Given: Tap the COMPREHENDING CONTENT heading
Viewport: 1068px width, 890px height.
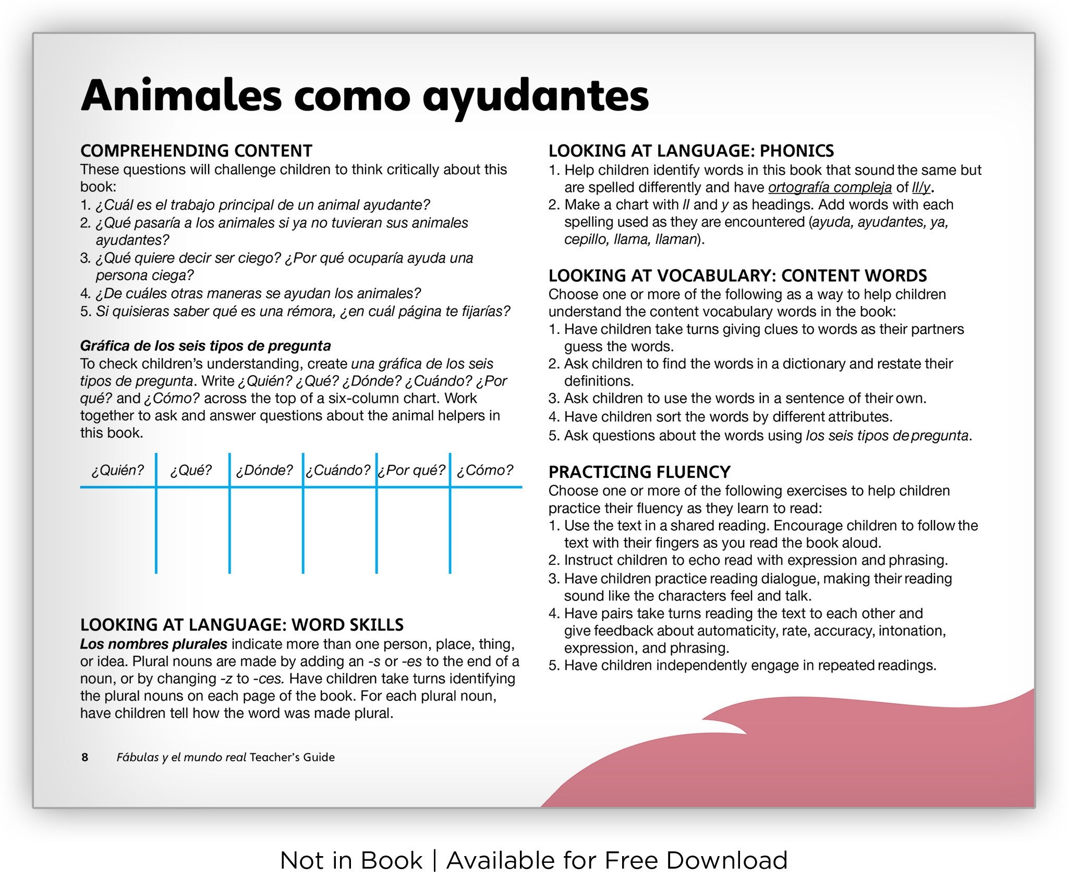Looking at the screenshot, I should point(196,151).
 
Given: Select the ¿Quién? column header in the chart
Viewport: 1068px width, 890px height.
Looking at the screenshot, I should point(117,471).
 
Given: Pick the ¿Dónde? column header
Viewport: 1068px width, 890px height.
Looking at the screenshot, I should point(264,471).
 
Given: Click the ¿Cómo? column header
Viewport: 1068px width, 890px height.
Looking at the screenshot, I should point(485,471).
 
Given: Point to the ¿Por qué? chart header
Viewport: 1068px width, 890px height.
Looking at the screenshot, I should point(411,471).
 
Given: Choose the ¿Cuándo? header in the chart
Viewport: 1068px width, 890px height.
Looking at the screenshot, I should point(338,471).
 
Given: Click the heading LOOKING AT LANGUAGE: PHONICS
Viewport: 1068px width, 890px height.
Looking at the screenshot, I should point(691,151).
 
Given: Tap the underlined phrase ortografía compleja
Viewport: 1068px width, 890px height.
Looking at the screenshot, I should point(830,187).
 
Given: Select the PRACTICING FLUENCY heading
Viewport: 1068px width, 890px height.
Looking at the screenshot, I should point(639,472).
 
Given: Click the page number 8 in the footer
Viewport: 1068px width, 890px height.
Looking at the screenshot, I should point(85,757).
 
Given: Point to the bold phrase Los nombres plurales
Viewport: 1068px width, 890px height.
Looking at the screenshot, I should point(153,644).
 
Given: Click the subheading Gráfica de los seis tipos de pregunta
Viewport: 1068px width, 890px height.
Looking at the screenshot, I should point(205,346).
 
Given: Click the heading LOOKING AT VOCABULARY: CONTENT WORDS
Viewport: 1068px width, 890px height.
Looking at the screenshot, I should point(737,275).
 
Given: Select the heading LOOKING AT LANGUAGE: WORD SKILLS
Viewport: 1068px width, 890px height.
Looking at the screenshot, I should point(242,625).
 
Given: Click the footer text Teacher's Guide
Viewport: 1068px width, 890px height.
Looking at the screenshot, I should point(292,757).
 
